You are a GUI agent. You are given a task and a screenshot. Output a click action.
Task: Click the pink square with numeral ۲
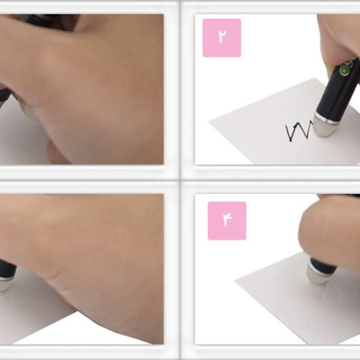(222, 38)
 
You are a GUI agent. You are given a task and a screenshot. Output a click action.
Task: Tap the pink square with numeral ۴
(227, 221)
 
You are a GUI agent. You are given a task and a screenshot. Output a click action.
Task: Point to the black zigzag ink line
(299, 132)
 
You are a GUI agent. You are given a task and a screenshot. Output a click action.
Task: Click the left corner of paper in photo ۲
(209, 121)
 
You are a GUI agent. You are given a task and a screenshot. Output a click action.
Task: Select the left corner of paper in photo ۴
(235, 281)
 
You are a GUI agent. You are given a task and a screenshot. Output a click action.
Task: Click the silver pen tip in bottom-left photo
(5, 284)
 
